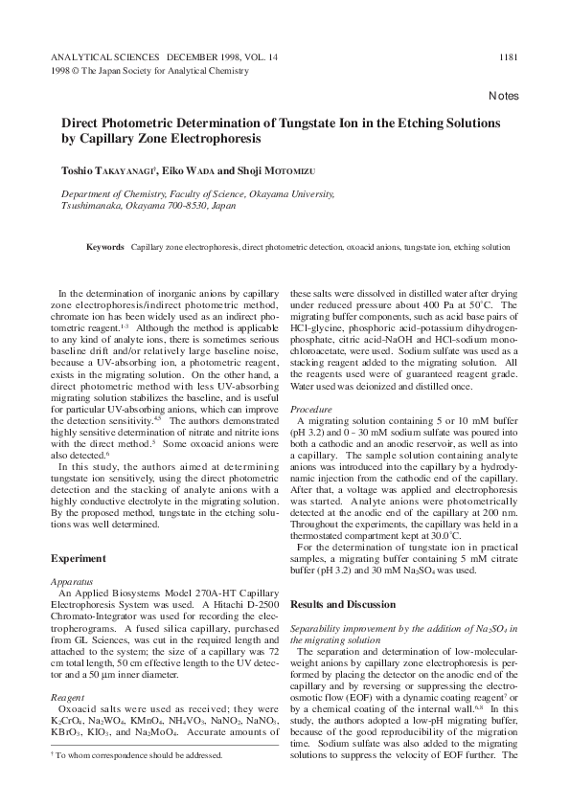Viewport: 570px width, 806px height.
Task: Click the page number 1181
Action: click(509, 56)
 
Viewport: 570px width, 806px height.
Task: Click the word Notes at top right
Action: click(503, 97)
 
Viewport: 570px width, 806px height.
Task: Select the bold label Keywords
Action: click(105, 246)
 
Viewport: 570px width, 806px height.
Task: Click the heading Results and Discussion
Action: click(342, 605)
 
